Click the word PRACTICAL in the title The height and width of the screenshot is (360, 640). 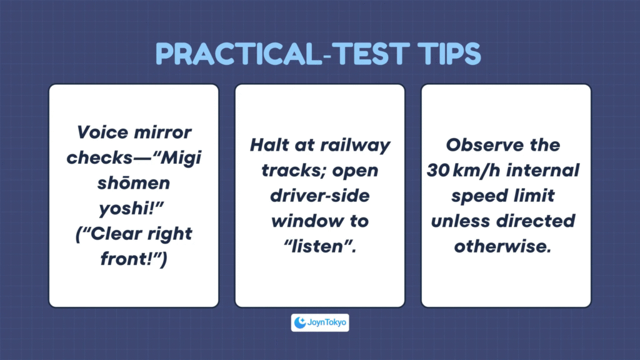click(x=238, y=54)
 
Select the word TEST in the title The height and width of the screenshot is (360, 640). click(x=371, y=54)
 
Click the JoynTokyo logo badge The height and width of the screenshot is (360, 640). click(x=320, y=322)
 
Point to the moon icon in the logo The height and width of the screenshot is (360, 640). click(x=300, y=322)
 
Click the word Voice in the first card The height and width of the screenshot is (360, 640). click(x=102, y=132)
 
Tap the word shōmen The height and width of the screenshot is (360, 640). click(x=134, y=183)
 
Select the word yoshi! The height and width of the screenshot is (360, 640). click(x=131, y=209)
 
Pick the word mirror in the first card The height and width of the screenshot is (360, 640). click(x=163, y=132)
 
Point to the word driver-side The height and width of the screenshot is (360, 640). click(x=320, y=196)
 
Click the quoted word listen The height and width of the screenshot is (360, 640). click(x=320, y=246)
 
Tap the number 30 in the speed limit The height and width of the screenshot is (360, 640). click(x=438, y=171)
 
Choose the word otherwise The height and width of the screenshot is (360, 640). click(x=503, y=246)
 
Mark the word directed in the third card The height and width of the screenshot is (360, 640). click(x=536, y=221)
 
